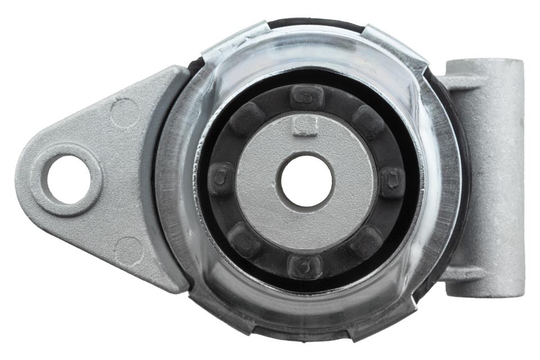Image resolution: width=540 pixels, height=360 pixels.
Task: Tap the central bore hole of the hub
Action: pyautogui.click(x=307, y=181)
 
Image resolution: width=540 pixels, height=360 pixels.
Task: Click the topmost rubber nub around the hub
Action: pyautogui.click(x=307, y=97)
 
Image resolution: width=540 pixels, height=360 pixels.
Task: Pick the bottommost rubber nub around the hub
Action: pyautogui.click(x=304, y=264)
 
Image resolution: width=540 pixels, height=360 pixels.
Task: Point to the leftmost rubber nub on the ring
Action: pyautogui.click(x=221, y=179)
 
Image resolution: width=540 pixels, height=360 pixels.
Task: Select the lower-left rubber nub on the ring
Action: pyautogui.click(x=245, y=239)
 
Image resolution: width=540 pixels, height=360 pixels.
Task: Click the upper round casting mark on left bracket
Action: pyautogui.click(x=125, y=112)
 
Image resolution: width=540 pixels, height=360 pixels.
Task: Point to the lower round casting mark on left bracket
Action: pyautogui.click(x=129, y=250)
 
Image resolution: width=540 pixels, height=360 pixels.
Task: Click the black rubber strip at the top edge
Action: pyautogui.click(x=315, y=24)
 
